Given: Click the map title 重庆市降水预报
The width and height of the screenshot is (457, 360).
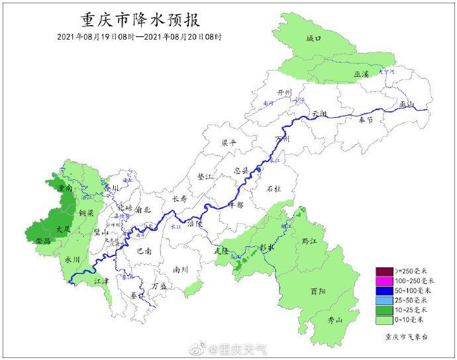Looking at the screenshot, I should (139, 19).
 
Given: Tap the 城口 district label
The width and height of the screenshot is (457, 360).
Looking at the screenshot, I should (313, 40).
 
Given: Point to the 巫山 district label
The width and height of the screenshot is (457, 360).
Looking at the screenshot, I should (406, 105).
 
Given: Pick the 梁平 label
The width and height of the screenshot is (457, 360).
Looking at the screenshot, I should (228, 142).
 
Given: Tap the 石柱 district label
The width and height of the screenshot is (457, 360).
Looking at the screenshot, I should (274, 189).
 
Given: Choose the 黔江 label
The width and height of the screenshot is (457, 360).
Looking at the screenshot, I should (309, 241).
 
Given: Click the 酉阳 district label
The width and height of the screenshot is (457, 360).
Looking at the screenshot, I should (318, 291).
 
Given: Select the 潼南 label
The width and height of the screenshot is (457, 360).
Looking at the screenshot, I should (66, 189).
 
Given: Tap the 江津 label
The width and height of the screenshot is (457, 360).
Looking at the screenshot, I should (101, 281).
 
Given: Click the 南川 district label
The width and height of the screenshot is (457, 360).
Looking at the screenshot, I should (180, 269).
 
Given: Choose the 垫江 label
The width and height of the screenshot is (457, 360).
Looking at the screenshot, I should (206, 177).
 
